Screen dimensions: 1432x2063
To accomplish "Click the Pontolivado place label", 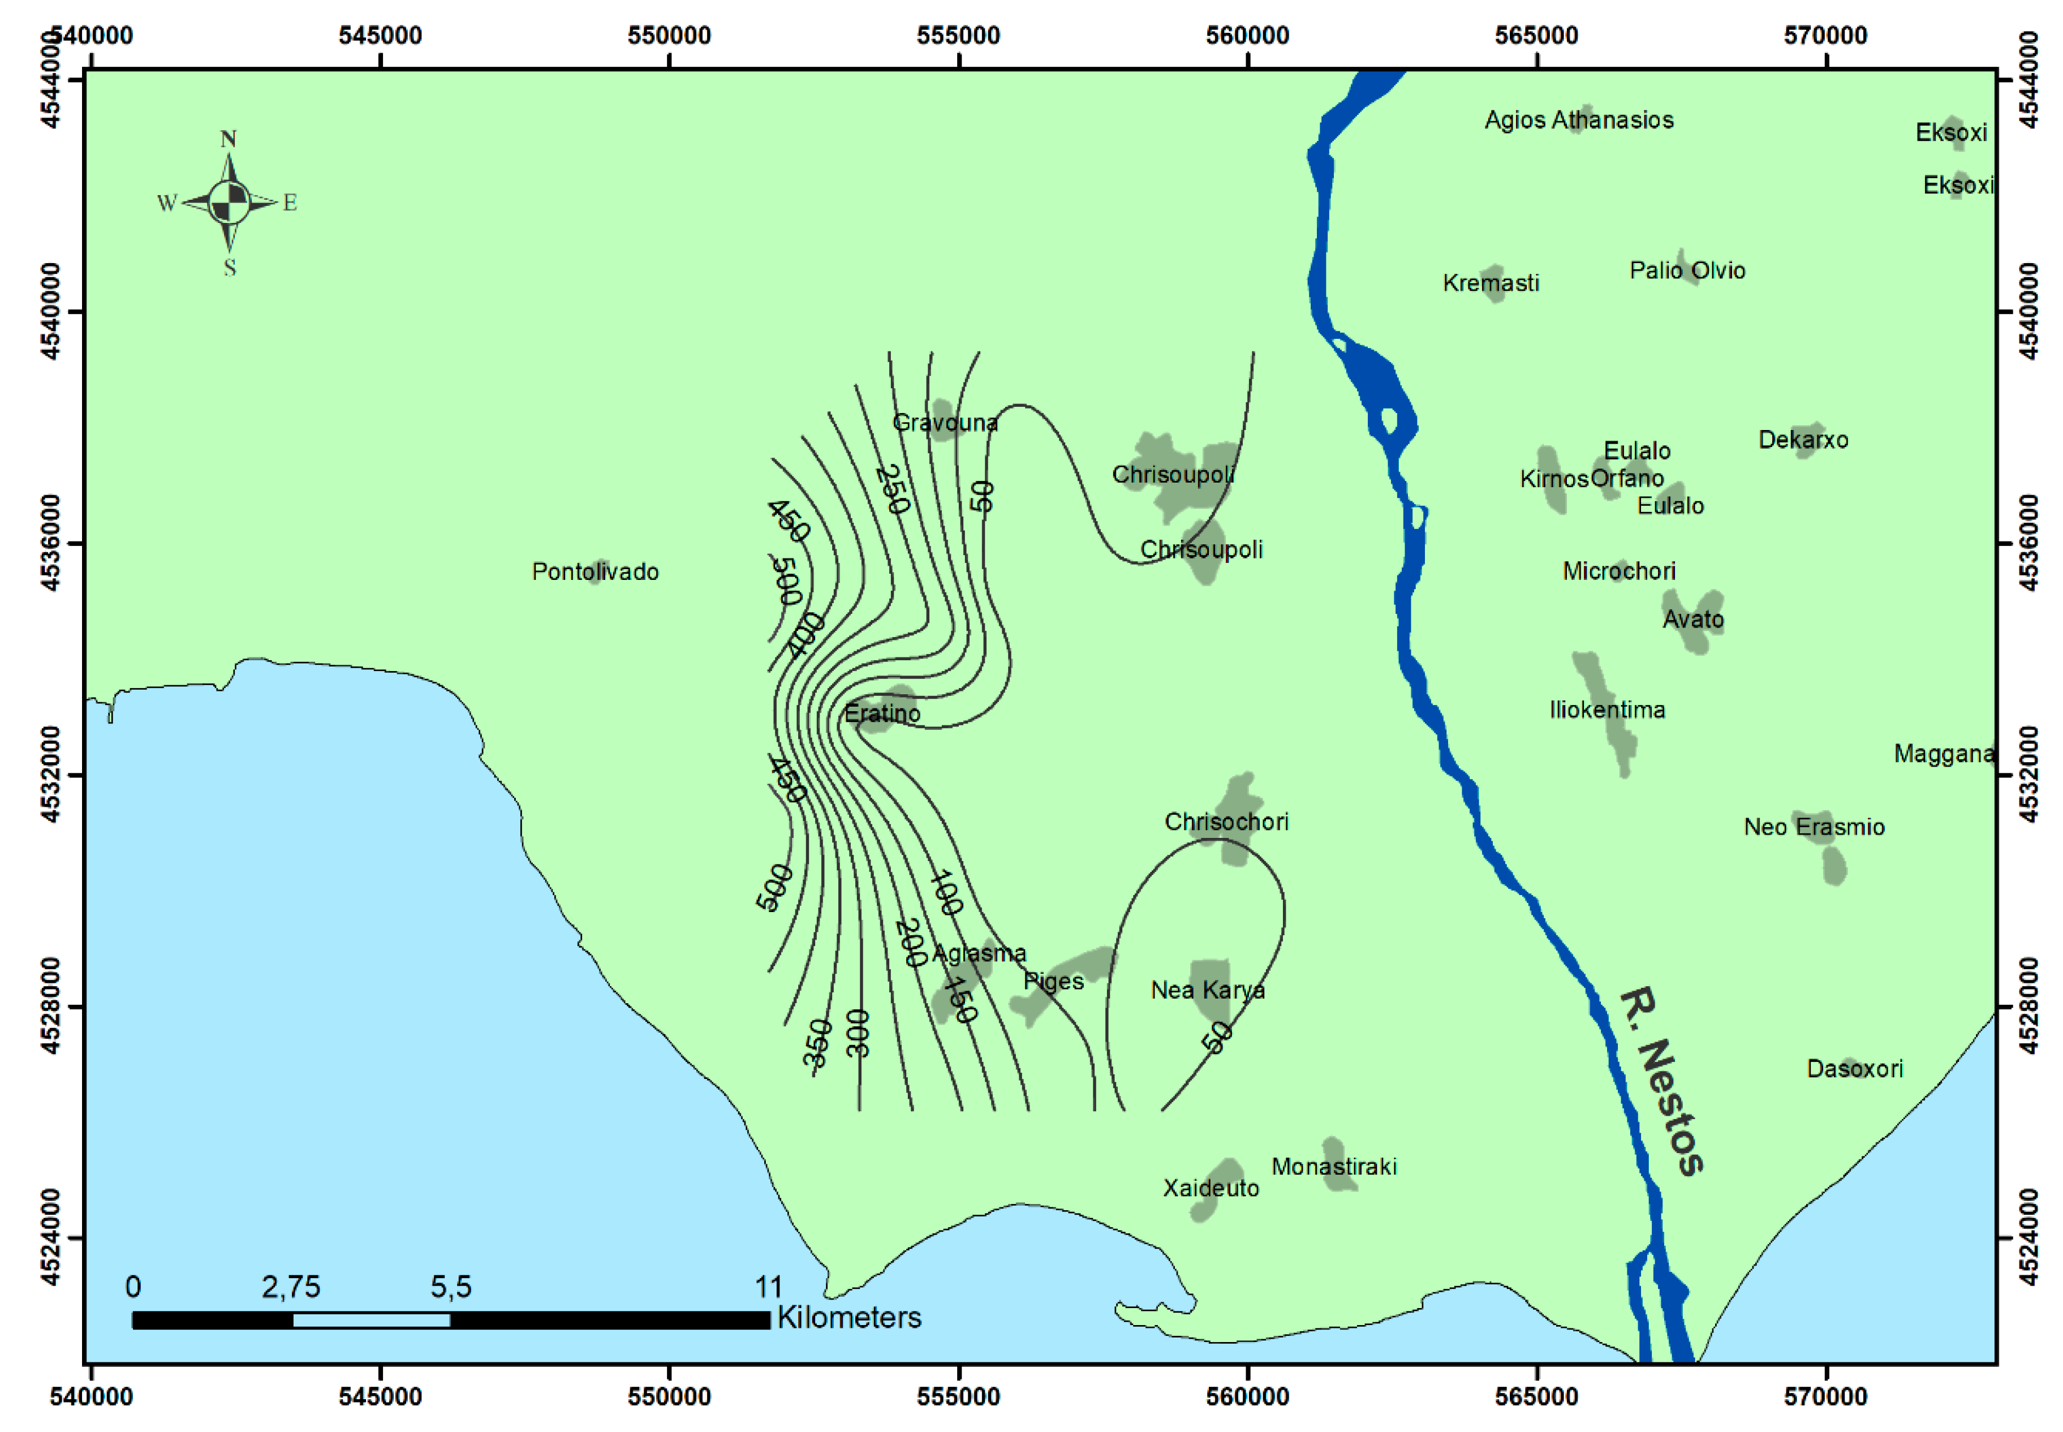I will pyautogui.click(x=595, y=571).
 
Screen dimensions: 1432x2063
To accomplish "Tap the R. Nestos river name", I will pyautogui.click(x=1662, y=1081).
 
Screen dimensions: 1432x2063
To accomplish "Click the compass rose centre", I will pyautogui.click(x=230, y=202).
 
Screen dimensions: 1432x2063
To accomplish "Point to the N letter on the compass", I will pyautogui.click(x=229, y=139).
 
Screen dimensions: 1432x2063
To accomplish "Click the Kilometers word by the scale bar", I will pyautogui.click(x=849, y=1317).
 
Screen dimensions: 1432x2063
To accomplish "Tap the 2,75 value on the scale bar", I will pyautogui.click(x=291, y=1287).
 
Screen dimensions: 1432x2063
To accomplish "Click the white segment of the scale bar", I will pyautogui.click(x=371, y=1320).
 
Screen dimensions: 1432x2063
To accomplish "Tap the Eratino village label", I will pyautogui.click(x=882, y=714).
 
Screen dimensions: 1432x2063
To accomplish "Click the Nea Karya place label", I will pyautogui.click(x=1207, y=990).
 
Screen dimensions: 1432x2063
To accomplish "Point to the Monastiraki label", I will pyautogui.click(x=1334, y=1167).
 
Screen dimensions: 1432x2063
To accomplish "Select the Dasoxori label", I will pyautogui.click(x=1854, y=1069).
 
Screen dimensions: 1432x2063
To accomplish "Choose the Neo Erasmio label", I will pyautogui.click(x=1814, y=827).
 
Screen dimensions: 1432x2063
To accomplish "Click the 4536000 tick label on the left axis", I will pyautogui.click(x=50, y=543).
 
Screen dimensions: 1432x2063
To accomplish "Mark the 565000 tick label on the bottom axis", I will pyautogui.click(x=1536, y=1397).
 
